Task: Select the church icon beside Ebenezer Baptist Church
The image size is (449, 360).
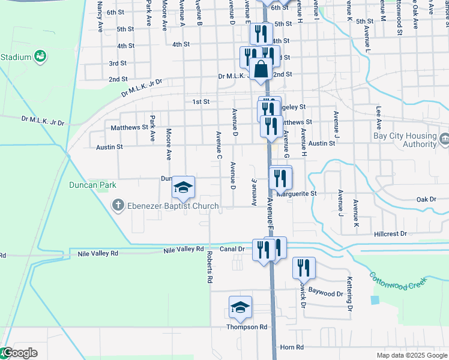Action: [x=118, y=206]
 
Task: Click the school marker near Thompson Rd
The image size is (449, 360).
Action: [x=240, y=308]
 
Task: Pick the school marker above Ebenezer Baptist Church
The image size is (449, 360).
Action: [x=184, y=187]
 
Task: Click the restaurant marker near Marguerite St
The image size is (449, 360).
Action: [x=280, y=178]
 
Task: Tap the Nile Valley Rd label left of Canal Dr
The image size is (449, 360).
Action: [x=98, y=254]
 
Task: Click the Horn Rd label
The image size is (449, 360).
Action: [x=292, y=347]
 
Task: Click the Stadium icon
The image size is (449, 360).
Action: [x=41, y=57]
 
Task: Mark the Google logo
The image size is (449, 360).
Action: [x=19, y=353]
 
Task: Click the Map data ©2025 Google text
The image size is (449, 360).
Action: [x=411, y=355]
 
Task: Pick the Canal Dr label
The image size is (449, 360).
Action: [x=232, y=248]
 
